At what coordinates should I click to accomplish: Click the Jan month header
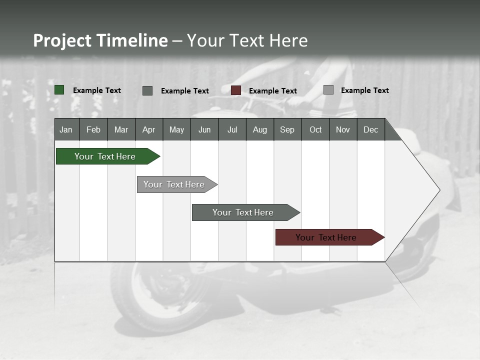click(66, 129)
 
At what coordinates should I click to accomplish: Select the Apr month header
click(149, 129)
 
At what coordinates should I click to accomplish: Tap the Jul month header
click(232, 129)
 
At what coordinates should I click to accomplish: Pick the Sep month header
click(287, 129)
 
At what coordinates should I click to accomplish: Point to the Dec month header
click(370, 129)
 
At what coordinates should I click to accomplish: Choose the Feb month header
click(93, 129)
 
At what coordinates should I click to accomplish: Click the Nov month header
click(343, 129)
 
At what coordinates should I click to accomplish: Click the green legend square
click(59, 90)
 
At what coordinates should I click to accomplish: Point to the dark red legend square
click(236, 90)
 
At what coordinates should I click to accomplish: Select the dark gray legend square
click(147, 90)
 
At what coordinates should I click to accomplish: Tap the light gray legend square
click(328, 90)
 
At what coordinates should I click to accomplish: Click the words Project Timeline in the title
click(100, 40)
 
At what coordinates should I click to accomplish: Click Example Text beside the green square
click(97, 90)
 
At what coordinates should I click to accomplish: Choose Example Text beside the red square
click(273, 91)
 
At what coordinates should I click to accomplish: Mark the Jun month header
click(204, 129)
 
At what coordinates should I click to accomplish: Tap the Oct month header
click(315, 129)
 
